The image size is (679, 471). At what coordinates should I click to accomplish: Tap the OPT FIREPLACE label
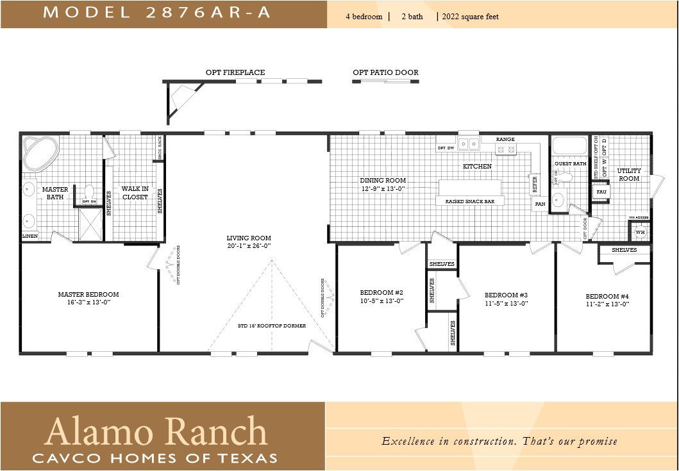click(235, 72)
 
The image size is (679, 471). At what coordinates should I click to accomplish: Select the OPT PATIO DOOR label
click(385, 72)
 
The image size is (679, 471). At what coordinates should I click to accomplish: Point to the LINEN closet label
click(30, 236)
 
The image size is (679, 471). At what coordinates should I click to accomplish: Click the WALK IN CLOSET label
click(135, 193)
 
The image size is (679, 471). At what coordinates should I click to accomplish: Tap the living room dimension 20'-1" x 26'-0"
click(249, 246)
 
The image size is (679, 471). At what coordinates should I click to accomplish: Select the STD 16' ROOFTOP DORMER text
click(272, 326)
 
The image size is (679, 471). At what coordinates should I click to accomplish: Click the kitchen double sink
click(468, 144)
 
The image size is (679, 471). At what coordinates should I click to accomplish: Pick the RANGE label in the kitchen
click(506, 139)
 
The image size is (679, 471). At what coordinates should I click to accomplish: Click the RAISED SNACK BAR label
click(471, 201)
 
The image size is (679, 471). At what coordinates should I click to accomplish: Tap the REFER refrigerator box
click(534, 185)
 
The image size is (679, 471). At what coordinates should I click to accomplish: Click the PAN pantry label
click(540, 204)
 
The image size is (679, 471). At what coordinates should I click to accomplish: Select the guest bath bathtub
click(569, 146)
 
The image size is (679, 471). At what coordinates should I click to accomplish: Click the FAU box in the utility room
click(601, 192)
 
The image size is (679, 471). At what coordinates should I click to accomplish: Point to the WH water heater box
click(639, 232)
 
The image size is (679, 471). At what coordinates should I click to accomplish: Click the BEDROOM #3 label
click(506, 295)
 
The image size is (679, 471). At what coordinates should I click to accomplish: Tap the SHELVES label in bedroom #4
click(624, 250)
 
